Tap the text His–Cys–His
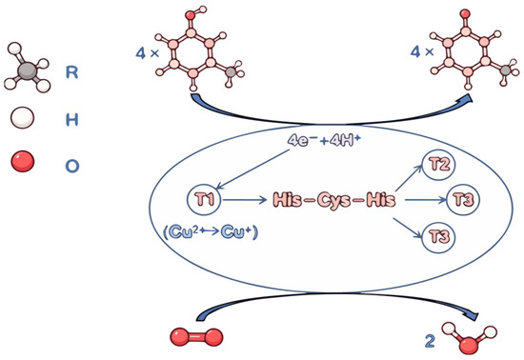coord(334,200)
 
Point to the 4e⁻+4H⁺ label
coord(324,141)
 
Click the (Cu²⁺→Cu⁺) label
coord(212,232)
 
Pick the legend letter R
coord(72,71)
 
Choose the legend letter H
coord(72,119)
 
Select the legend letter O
coord(72,166)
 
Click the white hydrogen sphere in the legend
coord(22,117)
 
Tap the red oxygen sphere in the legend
coord(23,161)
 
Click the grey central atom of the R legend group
coord(27,70)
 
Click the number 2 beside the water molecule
coord(430,341)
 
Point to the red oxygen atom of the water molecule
coord(468,345)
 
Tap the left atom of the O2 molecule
coord(180,336)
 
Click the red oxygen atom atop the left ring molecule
coord(191,15)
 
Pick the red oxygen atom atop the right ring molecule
coord(465,13)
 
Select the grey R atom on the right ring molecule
coord(506,70)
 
